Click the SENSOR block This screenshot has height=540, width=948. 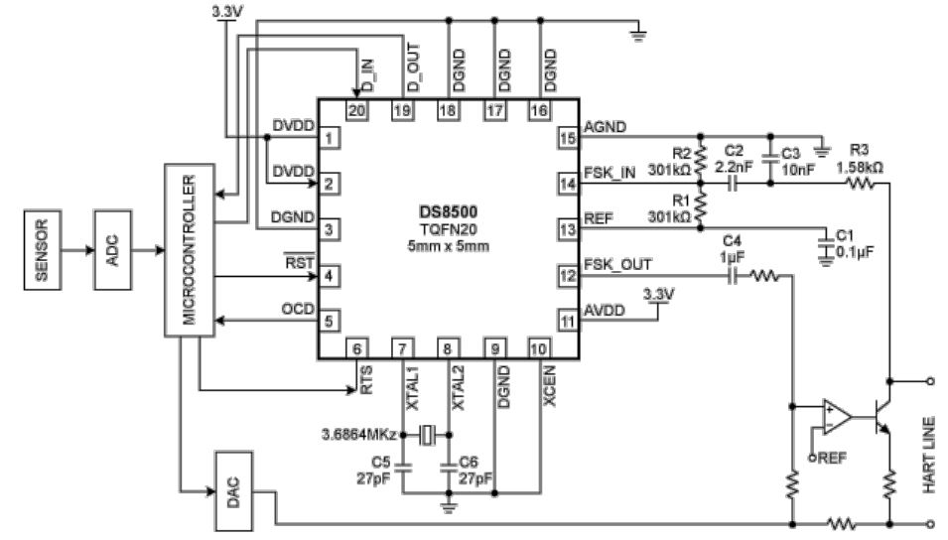point(43,250)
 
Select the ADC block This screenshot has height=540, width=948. point(112,250)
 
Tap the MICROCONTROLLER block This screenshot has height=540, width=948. point(190,250)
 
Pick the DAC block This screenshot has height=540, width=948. point(233,491)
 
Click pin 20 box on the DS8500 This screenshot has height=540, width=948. point(356,110)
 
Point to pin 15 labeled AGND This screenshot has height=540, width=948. point(568,138)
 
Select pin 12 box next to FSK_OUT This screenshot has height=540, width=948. point(568,276)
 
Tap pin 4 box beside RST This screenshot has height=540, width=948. point(329,276)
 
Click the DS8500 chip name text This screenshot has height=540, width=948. point(448,211)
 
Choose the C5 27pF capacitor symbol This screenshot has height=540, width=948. point(403,467)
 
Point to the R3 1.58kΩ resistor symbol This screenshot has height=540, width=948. point(859,183)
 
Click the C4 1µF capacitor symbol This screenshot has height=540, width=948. point(733,276)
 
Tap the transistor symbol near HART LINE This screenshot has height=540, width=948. point(880,417)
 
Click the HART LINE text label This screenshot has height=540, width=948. point(929,455)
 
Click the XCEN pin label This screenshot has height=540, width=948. point(549,386)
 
